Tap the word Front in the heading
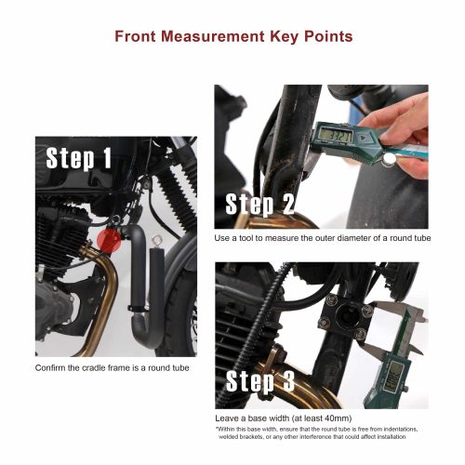(x=139, y=37)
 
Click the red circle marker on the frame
(x=108, y=242)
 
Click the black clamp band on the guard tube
(x=137, y=301)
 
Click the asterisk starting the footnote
(x=217, y=428)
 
